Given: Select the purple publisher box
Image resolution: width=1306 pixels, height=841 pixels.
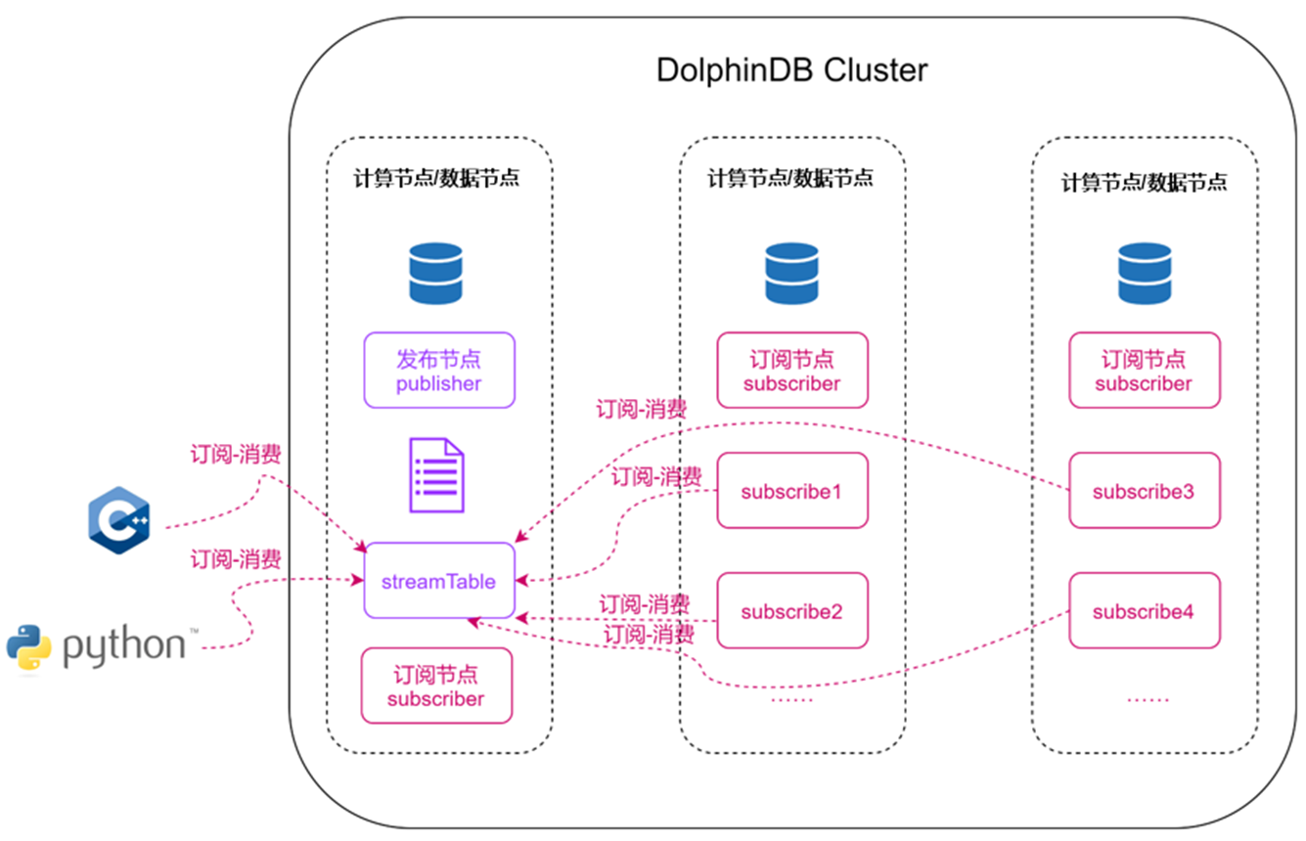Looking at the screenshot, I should coord(439,371).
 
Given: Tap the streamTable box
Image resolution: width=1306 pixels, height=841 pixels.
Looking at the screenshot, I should coord(439,581).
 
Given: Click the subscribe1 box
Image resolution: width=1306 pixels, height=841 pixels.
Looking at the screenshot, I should coord(791,490).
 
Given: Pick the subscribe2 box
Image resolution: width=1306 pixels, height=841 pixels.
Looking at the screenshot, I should coord(791,611).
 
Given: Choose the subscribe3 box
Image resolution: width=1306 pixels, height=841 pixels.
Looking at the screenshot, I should coord(1144,490).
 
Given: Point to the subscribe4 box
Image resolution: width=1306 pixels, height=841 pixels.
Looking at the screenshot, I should coord(1144,611).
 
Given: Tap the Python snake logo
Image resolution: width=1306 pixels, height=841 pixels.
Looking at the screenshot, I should coord(29,646).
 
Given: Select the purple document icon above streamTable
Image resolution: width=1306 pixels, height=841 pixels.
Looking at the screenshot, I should coord(436,476).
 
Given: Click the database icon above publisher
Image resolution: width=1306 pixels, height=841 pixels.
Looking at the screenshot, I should coord(435,273).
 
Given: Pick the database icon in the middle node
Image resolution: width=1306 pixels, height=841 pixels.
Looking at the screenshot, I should coord(791,273).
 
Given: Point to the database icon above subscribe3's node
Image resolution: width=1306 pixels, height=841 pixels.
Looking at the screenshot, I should coord(1145,273).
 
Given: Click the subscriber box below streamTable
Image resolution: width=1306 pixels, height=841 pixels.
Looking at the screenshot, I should coord(436,686).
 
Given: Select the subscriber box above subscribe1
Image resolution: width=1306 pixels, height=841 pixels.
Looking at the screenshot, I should coord(791,371).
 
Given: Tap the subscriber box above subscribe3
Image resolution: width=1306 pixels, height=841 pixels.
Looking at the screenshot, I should coord(1144,371).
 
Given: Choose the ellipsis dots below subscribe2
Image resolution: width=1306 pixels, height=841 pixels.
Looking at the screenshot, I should coord(791,698).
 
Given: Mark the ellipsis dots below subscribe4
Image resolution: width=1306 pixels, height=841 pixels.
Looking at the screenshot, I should coord(1147,698).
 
